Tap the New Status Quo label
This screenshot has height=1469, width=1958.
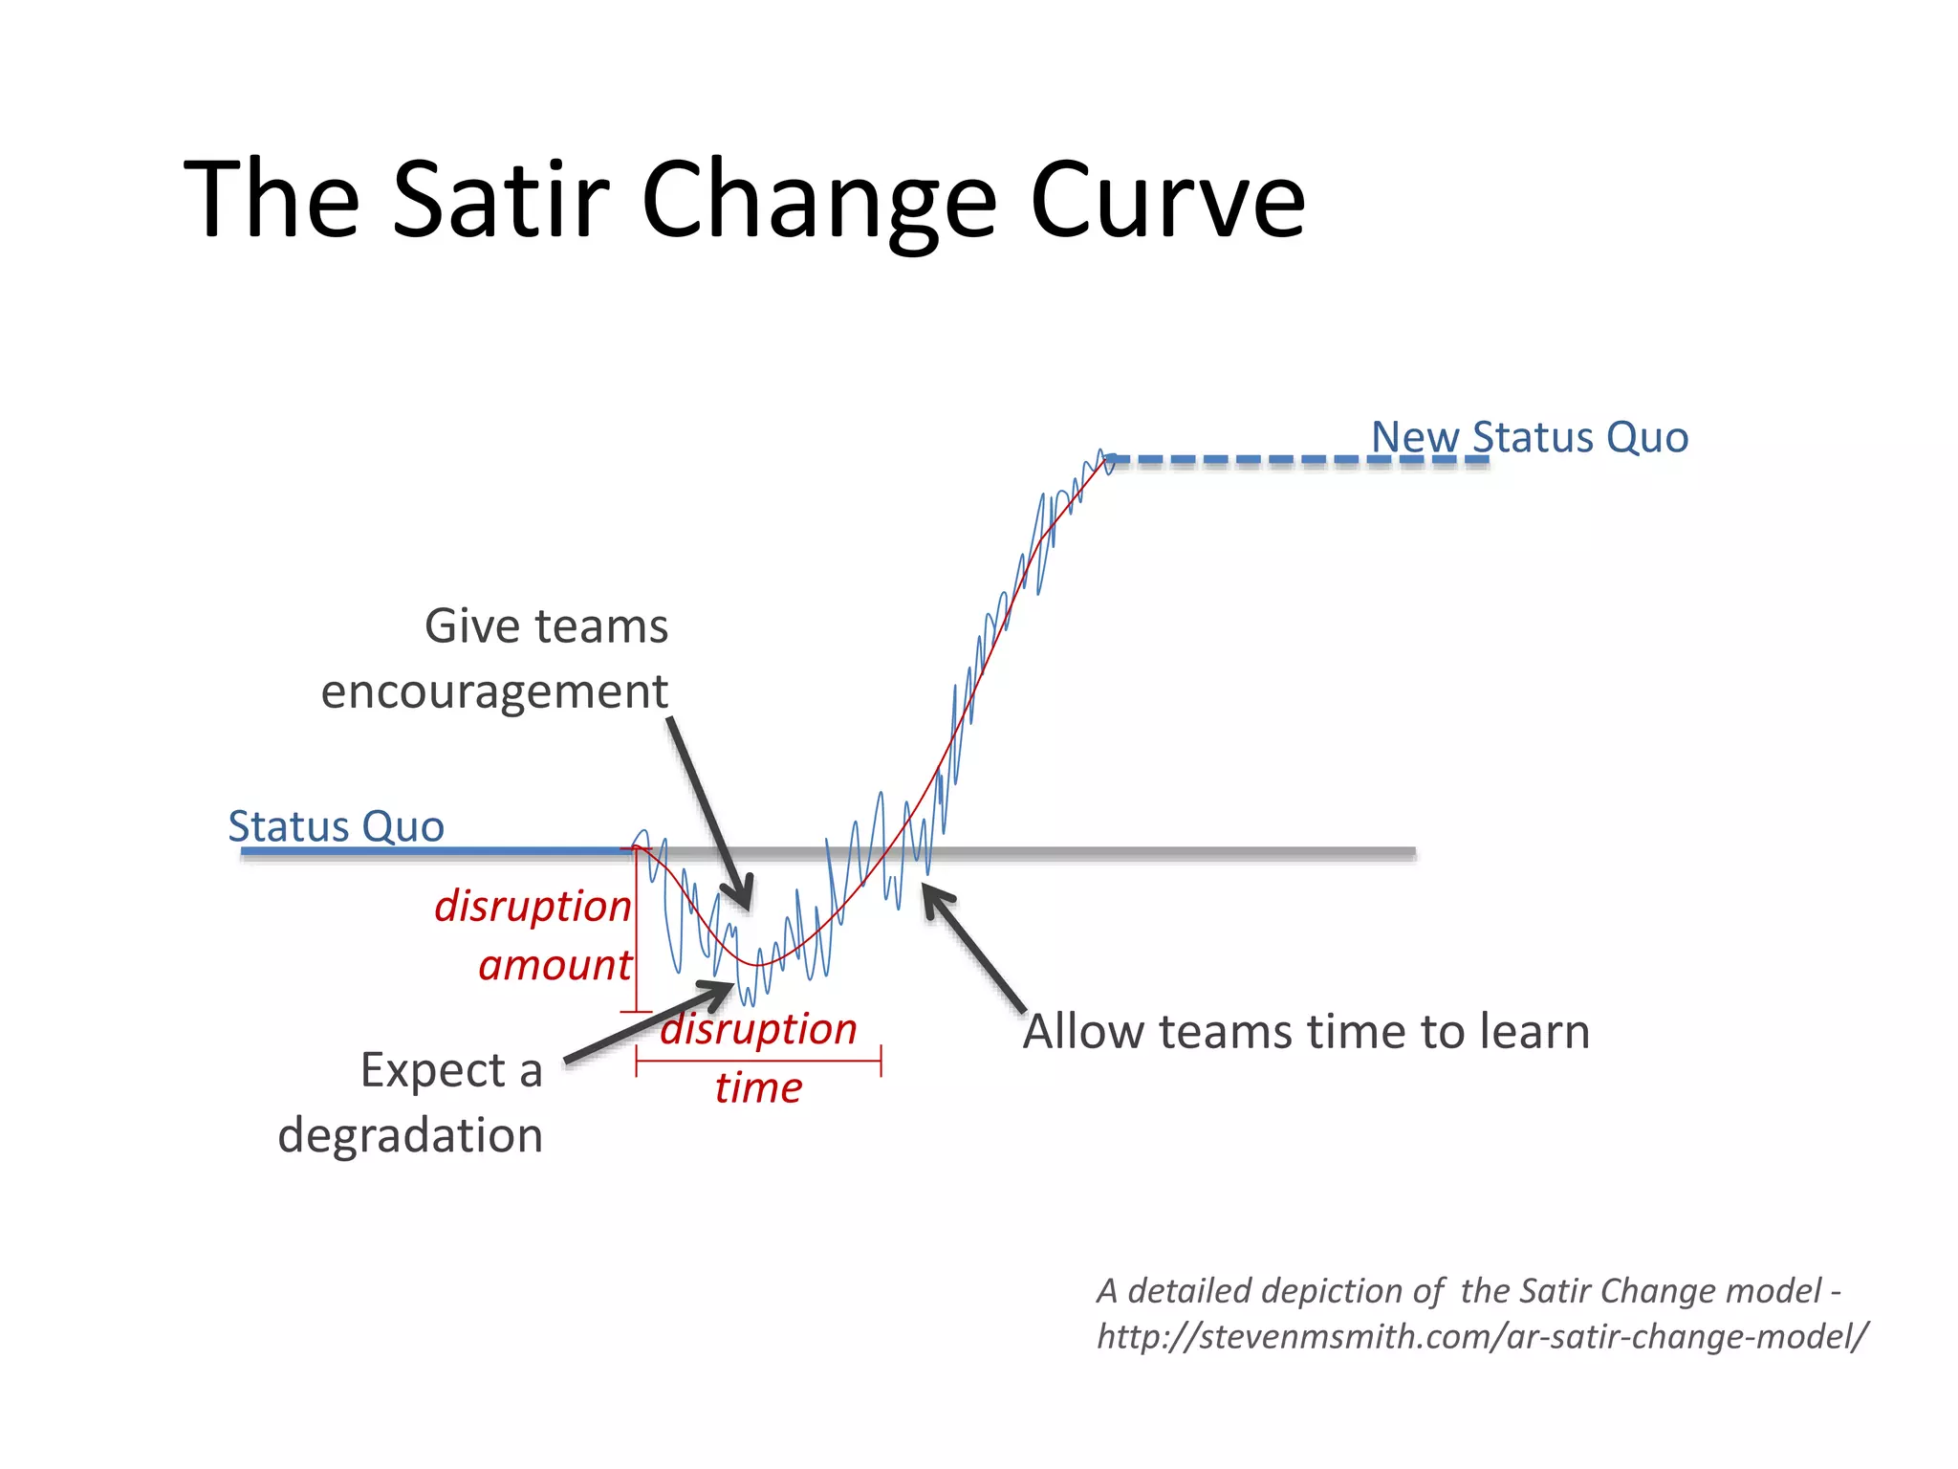(1530, 437)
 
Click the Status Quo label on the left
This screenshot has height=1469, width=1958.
(336, 826)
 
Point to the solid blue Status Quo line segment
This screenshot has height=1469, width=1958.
(430, 850)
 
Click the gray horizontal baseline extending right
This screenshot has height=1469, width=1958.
(1195, 851)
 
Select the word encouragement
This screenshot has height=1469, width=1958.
(493, 692)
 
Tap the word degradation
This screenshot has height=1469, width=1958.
(410, 1136)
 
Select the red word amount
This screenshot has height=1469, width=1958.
(555, 966)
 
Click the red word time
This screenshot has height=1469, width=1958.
(758, 1088)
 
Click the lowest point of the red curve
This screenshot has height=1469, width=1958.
(757, 965)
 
